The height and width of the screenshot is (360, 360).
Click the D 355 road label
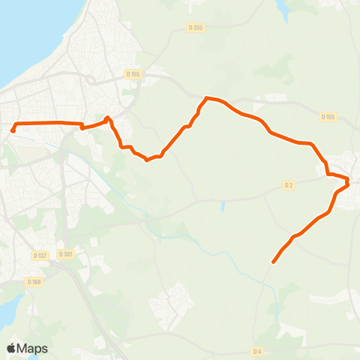(x=196, y=28)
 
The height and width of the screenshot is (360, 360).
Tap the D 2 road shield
(x=289, y=184)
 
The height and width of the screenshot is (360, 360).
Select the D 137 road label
(x=40, y=255)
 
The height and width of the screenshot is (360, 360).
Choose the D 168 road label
(x=33, y=282)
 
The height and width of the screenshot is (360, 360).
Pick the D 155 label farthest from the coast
(x=327, y=117)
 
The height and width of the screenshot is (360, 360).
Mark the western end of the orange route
(x=13, y=131)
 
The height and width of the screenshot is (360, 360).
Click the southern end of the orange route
(x=273, y=262)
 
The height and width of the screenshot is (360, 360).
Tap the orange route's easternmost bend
(x=348, y=181)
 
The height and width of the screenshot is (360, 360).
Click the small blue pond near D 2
(x=223, y=205)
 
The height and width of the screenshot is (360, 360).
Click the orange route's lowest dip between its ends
(x=148, y=159)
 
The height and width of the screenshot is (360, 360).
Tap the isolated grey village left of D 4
(x=172, y=304)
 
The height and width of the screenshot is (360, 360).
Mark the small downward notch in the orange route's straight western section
(x=82, y=127)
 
